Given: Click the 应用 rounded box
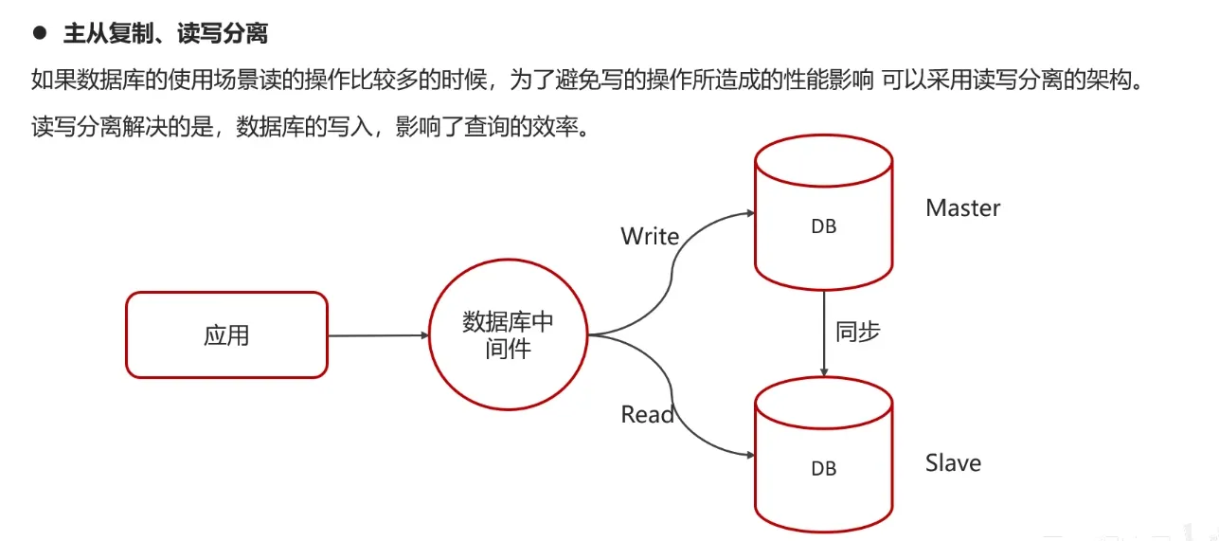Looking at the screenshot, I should [226, 335].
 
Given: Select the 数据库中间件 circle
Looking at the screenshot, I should [508, 335].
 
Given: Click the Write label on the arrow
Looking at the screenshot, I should [650, 236].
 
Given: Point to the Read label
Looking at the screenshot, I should [648, 414].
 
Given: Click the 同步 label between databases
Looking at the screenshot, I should [858, 331].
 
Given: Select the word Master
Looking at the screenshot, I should [962, 208].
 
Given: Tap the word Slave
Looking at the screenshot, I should [953, 463].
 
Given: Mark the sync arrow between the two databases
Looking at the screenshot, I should [824, 332].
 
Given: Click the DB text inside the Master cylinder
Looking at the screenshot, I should [824, 227].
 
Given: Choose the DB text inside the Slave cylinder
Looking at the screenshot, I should [824, 468].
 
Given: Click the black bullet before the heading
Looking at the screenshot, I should [40, 33].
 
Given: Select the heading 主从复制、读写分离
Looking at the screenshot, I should [165, 34].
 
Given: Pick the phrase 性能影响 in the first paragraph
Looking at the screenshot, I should [823, 80].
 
